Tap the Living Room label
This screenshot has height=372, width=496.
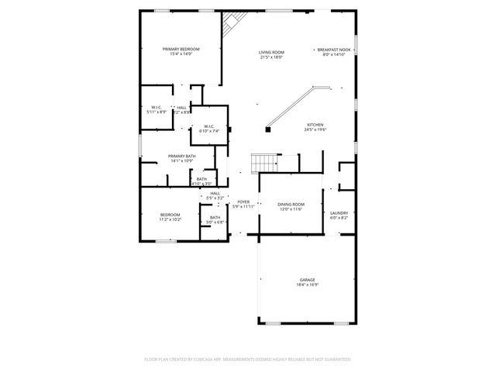tap(270, 52)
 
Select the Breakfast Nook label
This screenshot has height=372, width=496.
tap(335, 50)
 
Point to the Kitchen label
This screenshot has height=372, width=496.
tap(315, 125)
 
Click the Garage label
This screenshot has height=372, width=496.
tap(308, 279)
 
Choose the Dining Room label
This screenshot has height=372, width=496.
tap(291, 204)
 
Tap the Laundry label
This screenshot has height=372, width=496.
tap(339, 212)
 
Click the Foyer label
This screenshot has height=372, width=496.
tap(243, 201)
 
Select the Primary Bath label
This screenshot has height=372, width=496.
tap(181, 156)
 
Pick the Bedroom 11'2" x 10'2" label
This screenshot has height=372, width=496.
tap(170, 214)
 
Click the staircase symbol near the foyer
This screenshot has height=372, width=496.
tap(265, 162)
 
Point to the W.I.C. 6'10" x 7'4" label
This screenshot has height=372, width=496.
tap(209, 126)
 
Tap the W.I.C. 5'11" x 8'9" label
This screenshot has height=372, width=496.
tap(157, 107)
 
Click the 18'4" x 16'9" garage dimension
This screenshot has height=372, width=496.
tap(308, 284)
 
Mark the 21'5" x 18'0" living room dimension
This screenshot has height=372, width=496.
tap(270, 57)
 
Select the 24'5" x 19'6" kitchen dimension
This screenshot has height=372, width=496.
tap(315, 130)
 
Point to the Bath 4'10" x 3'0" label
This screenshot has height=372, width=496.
tap(201, 179)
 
